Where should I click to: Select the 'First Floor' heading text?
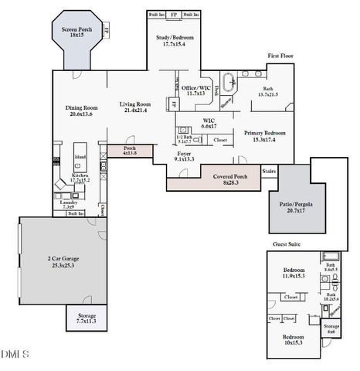pos(282,56)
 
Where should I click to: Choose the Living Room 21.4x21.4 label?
pos(134,107)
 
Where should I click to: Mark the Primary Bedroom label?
pos(265,136)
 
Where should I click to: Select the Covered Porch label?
pos(231,179)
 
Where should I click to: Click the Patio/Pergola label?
pos(293,206)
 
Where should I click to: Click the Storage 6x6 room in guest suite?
pos(331,329)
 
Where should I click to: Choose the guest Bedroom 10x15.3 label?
pos(292,341)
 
